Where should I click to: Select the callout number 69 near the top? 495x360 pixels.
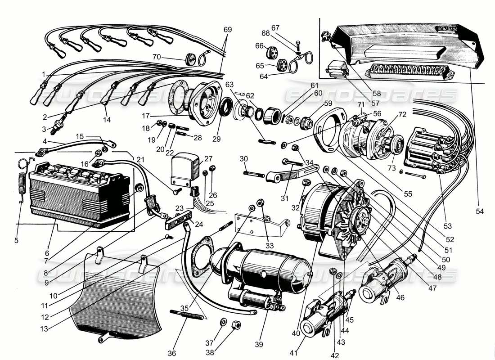228,30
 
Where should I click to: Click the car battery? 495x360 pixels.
79,193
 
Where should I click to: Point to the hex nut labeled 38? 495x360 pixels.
235,325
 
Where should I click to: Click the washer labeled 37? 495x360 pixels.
223,322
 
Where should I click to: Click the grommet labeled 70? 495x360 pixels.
192,59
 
